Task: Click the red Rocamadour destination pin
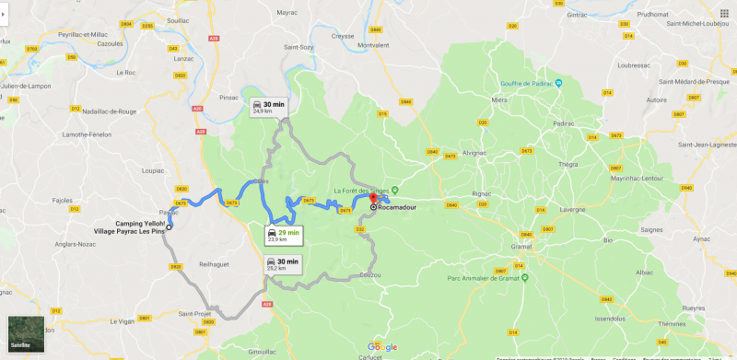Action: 373,199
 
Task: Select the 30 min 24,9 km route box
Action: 268,108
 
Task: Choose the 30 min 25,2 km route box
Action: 283,264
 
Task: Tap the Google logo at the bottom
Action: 381,347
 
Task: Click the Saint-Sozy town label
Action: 298,46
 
